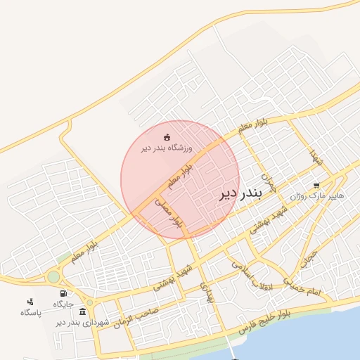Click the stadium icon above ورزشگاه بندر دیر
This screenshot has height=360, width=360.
pos(167,137)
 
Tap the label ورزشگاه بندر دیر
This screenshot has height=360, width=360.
pos(166,148)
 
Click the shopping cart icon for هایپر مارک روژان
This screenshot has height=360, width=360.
pos(326,186)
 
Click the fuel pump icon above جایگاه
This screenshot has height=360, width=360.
pos(63,293)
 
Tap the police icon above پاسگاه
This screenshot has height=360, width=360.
pos(30,302)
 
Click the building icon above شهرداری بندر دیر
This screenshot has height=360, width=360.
pos(83,311)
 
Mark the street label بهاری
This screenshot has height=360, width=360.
pos(206,292)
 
